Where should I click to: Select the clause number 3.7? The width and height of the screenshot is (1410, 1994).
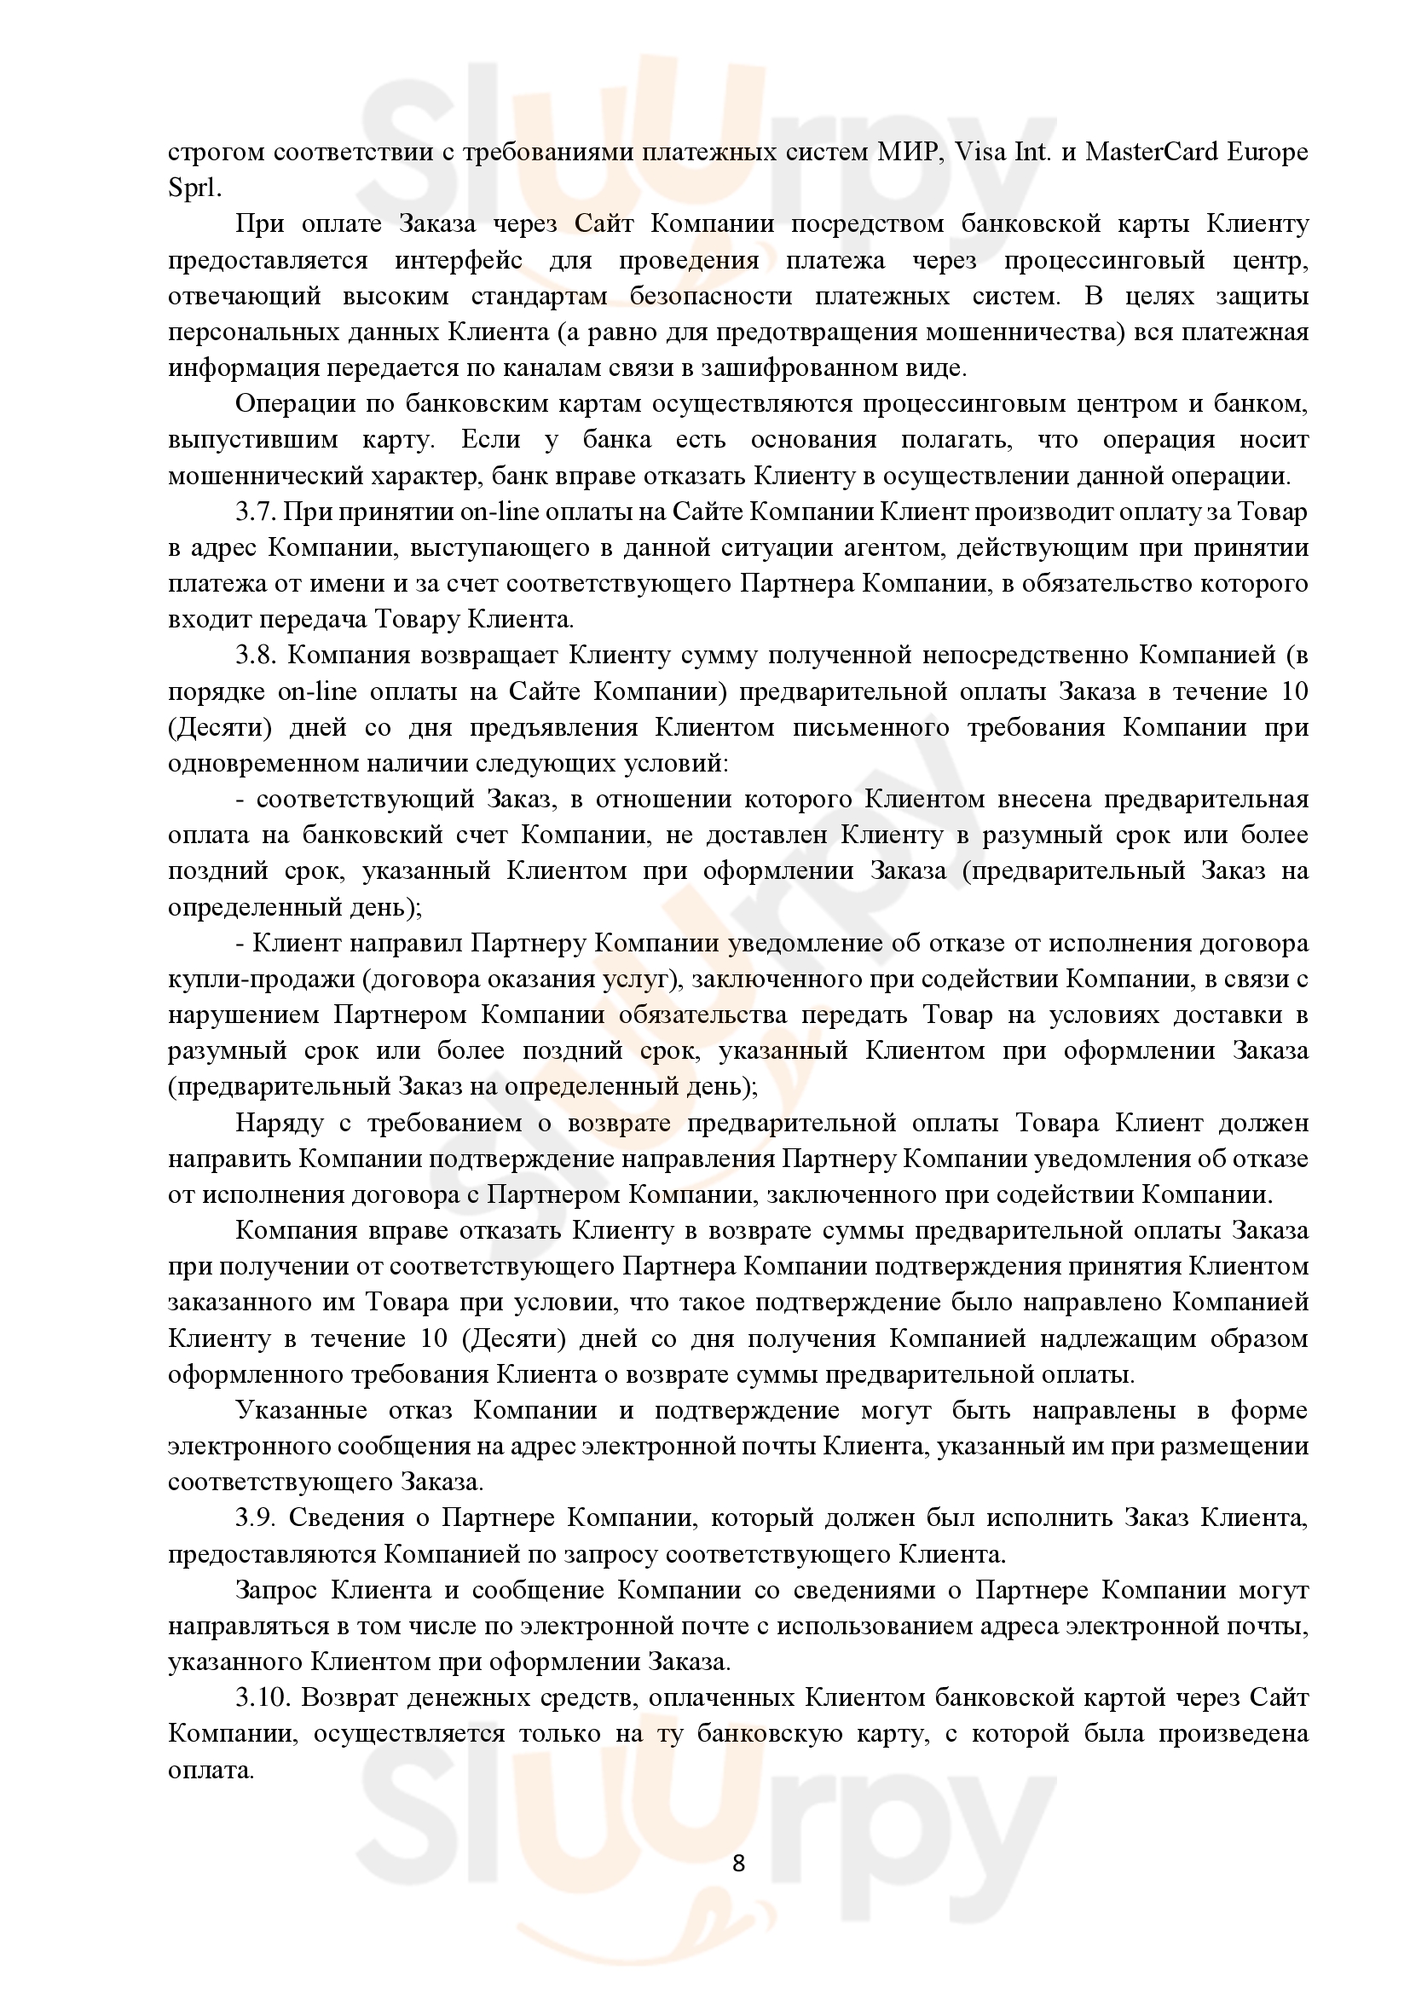tap(254, 512)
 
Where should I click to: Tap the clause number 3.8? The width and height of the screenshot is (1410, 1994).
tap(254, 656)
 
